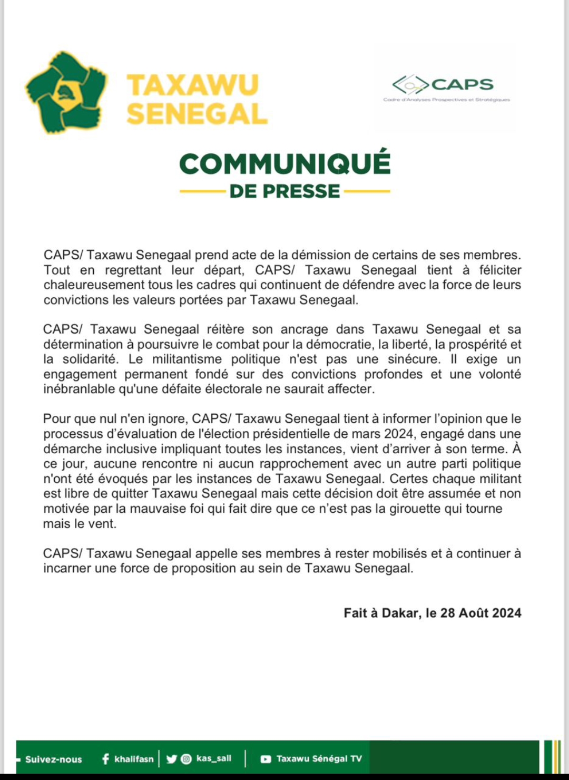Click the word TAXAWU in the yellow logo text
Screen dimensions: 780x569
coord(193,85)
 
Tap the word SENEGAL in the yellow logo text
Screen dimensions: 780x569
coord(197,114)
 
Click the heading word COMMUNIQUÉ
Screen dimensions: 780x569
coord(285,163)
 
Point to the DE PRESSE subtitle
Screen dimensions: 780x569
coord(285,191)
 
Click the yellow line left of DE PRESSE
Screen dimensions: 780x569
coord(202,191)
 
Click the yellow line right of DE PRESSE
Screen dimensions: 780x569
coord(367,191)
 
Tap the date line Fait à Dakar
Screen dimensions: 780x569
coord(432,613)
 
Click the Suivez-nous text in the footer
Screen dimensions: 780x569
coord(53,759)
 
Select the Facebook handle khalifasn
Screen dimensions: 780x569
coord(134,759)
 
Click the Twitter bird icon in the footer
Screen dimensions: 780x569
coord(172,759)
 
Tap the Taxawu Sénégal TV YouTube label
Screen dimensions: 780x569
coord(319,759)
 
